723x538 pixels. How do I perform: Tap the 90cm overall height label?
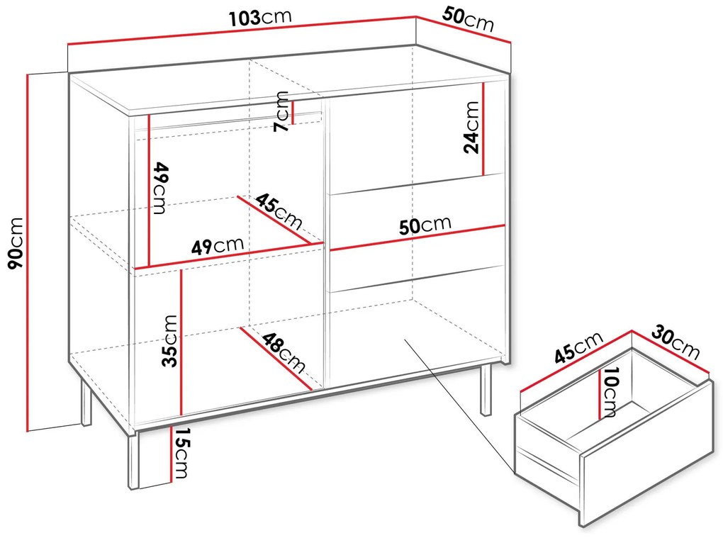16,242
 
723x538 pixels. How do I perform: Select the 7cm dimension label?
281,111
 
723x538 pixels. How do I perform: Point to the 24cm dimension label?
471,128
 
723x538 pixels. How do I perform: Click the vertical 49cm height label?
159,188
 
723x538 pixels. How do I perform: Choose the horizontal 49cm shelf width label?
217,246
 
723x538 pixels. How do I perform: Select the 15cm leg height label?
181,453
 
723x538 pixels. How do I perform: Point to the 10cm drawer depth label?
610,391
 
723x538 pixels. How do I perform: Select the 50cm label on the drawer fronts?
425,225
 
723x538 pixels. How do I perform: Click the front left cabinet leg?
134,460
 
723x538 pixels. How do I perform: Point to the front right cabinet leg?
486,391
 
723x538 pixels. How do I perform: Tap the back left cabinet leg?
86,400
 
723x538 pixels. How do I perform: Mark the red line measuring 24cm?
483,129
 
